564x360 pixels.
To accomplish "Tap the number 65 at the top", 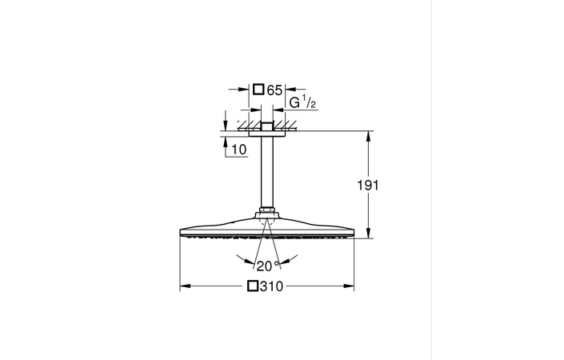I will tap(274, 91).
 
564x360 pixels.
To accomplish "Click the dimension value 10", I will tap(238, 150).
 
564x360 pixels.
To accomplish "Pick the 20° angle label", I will tap(262, 266).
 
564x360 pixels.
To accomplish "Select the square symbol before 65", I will tap(258, 91).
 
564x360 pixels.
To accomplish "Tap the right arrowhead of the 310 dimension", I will tap(352, 286).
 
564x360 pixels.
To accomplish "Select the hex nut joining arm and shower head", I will tap(267, 214).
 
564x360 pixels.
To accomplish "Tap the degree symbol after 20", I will tap(277, 262).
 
